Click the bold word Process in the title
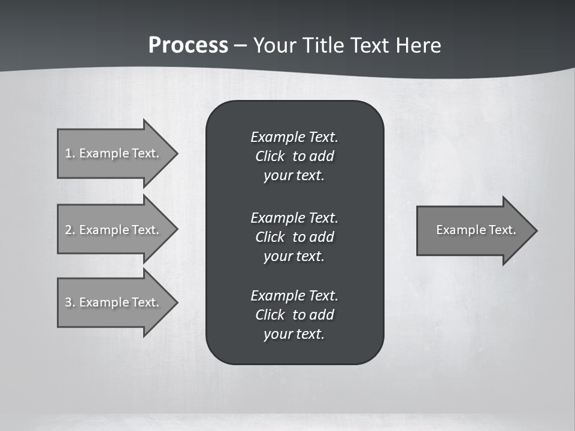[188, 45]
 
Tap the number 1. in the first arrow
[70, 153]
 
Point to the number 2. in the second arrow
[70, 230]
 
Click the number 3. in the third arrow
[70, 302]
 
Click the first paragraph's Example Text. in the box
[294, 137]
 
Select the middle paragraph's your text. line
[294, 256]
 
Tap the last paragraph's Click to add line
[294, 315]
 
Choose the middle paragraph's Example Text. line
[294, 217]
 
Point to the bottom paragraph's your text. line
[294, 334]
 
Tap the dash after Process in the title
[241, 45]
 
